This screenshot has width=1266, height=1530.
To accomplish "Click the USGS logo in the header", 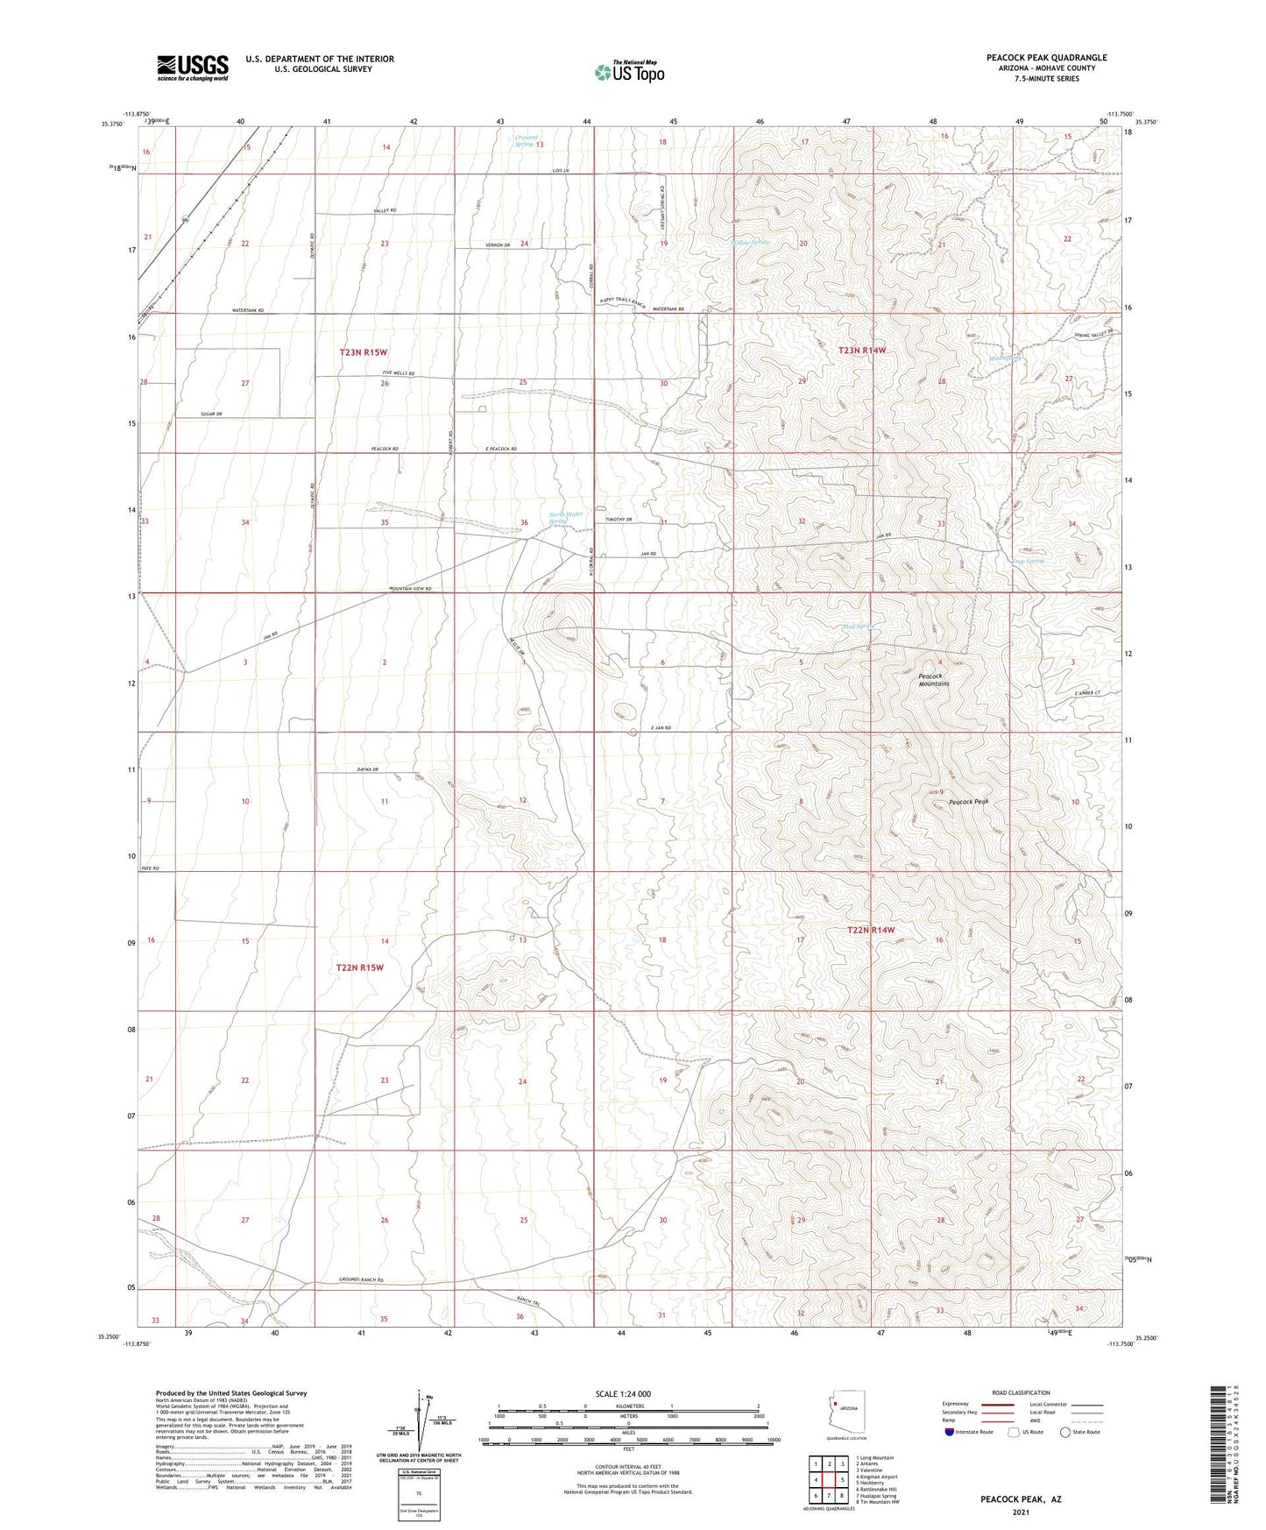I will point(193,67).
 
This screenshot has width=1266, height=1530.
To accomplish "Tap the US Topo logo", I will point(628,72).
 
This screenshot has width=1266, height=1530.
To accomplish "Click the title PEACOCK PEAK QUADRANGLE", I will point(1046,58).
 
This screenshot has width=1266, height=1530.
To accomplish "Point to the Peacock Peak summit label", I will point(968,802).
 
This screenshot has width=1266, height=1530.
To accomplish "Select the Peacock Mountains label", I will point(933,680).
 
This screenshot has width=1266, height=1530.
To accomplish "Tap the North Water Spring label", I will point(565,518).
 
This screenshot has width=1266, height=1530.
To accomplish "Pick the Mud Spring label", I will point(859,627).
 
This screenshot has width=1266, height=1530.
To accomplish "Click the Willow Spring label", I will point(751,243).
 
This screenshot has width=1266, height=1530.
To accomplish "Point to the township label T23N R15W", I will point(363,352).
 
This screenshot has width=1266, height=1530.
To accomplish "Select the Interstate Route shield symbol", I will point(950,1432).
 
